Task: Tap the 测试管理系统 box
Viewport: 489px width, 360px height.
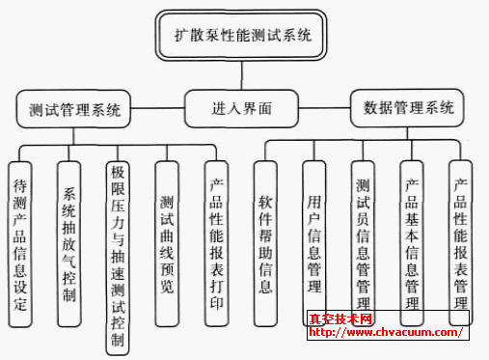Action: tap(75, 107)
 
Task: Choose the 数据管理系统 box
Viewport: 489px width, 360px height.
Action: tap(408, 107)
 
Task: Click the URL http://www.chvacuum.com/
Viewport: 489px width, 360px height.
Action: tap(386, 333)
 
